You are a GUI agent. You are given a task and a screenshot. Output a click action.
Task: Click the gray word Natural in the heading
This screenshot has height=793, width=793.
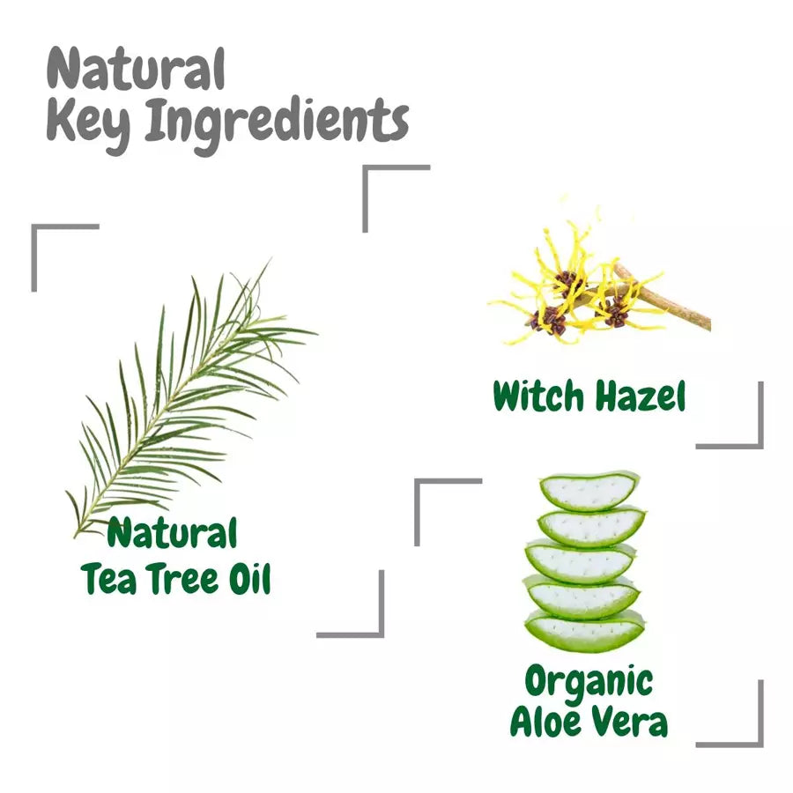136,70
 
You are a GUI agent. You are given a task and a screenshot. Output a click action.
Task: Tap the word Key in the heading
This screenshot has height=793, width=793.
88,124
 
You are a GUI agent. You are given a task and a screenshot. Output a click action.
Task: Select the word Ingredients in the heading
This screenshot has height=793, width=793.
277,124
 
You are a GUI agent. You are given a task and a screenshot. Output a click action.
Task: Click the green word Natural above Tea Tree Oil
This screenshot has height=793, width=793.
172,533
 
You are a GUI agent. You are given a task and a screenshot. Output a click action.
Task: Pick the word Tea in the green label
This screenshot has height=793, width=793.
108,579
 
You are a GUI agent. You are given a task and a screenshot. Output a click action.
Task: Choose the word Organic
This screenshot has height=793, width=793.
589,682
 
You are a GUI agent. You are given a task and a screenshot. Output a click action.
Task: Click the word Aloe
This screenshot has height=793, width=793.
546,721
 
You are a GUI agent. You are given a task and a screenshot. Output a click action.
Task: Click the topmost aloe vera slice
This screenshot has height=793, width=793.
589,490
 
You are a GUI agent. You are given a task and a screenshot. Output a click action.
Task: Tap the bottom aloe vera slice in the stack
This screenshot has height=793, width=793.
585,631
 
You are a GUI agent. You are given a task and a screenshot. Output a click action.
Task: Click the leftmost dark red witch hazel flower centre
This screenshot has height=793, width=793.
549,322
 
